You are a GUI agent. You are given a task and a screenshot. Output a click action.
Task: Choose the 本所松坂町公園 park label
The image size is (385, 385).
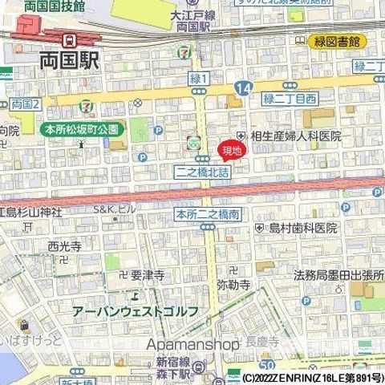pos(81,128)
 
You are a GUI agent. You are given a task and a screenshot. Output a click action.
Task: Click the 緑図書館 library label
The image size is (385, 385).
pos(338,40)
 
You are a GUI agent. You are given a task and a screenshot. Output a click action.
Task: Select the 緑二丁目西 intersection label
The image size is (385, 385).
pos(291,100)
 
